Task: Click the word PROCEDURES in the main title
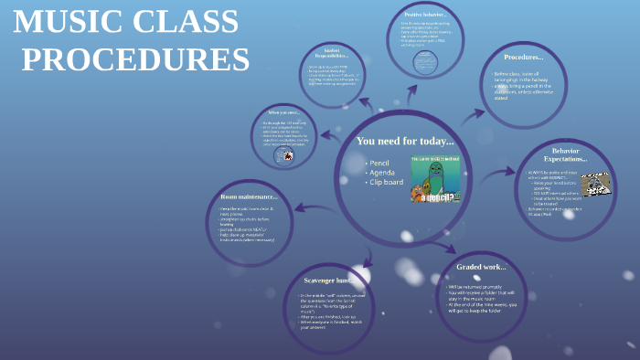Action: (x=134, y=59)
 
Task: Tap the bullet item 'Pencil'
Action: (x=379, y=162)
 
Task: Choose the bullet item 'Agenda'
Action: (x=381, y=172)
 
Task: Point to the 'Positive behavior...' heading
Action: (x=424, y=15)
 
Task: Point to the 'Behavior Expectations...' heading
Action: (x=566, y=154)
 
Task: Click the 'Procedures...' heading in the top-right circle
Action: (x=524, y=57)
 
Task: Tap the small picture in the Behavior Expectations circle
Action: (x=595, y=184)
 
